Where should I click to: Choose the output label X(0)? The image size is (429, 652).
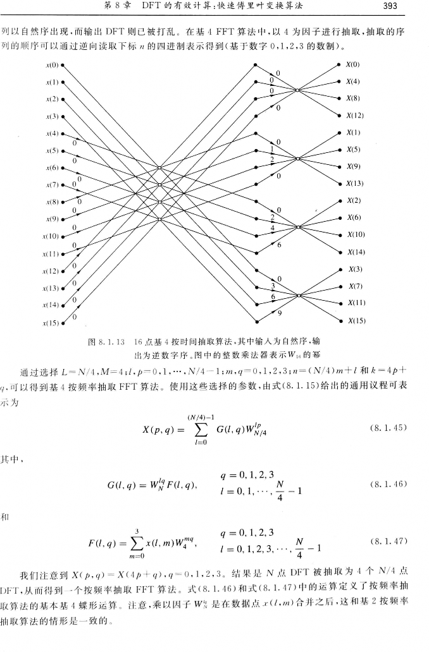coord(352,65)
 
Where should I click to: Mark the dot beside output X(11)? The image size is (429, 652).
coord(339,303)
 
